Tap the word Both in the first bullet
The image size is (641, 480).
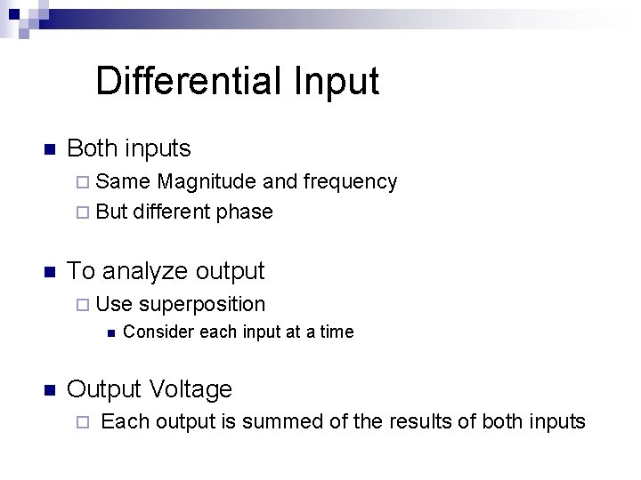93,148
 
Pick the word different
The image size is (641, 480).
172,212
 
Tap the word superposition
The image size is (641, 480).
202,305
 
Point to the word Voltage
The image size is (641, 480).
191,389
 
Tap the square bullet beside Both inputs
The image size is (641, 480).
50,148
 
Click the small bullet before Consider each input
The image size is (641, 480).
109,333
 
